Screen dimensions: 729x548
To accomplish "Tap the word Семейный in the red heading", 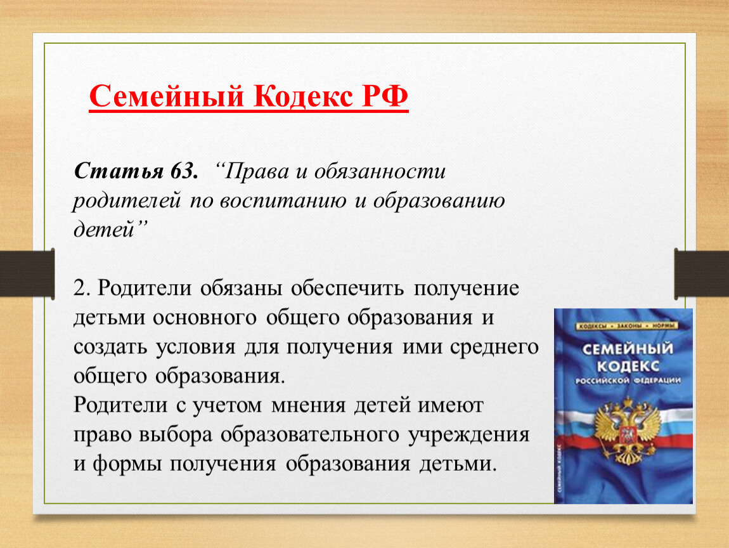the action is [x=167, y=97].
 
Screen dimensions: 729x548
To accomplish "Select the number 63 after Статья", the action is [x=184, y=171].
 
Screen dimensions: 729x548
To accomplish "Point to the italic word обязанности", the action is [x=380, y=171].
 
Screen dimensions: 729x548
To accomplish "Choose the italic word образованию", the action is [x=439, y=200].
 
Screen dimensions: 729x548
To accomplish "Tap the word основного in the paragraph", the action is [x=205, y=318].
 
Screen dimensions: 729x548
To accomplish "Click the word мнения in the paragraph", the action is [x=309, y=405].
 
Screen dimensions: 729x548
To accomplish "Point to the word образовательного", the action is [x=310, y=434].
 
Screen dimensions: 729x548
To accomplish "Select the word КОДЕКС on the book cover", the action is [x=628, y=366].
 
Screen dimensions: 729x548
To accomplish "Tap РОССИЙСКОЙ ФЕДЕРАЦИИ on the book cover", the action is [x=628, y=381].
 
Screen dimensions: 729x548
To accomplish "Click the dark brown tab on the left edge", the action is [x=27, y=273].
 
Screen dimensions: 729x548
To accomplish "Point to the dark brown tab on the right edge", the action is [x=702, y=273].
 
